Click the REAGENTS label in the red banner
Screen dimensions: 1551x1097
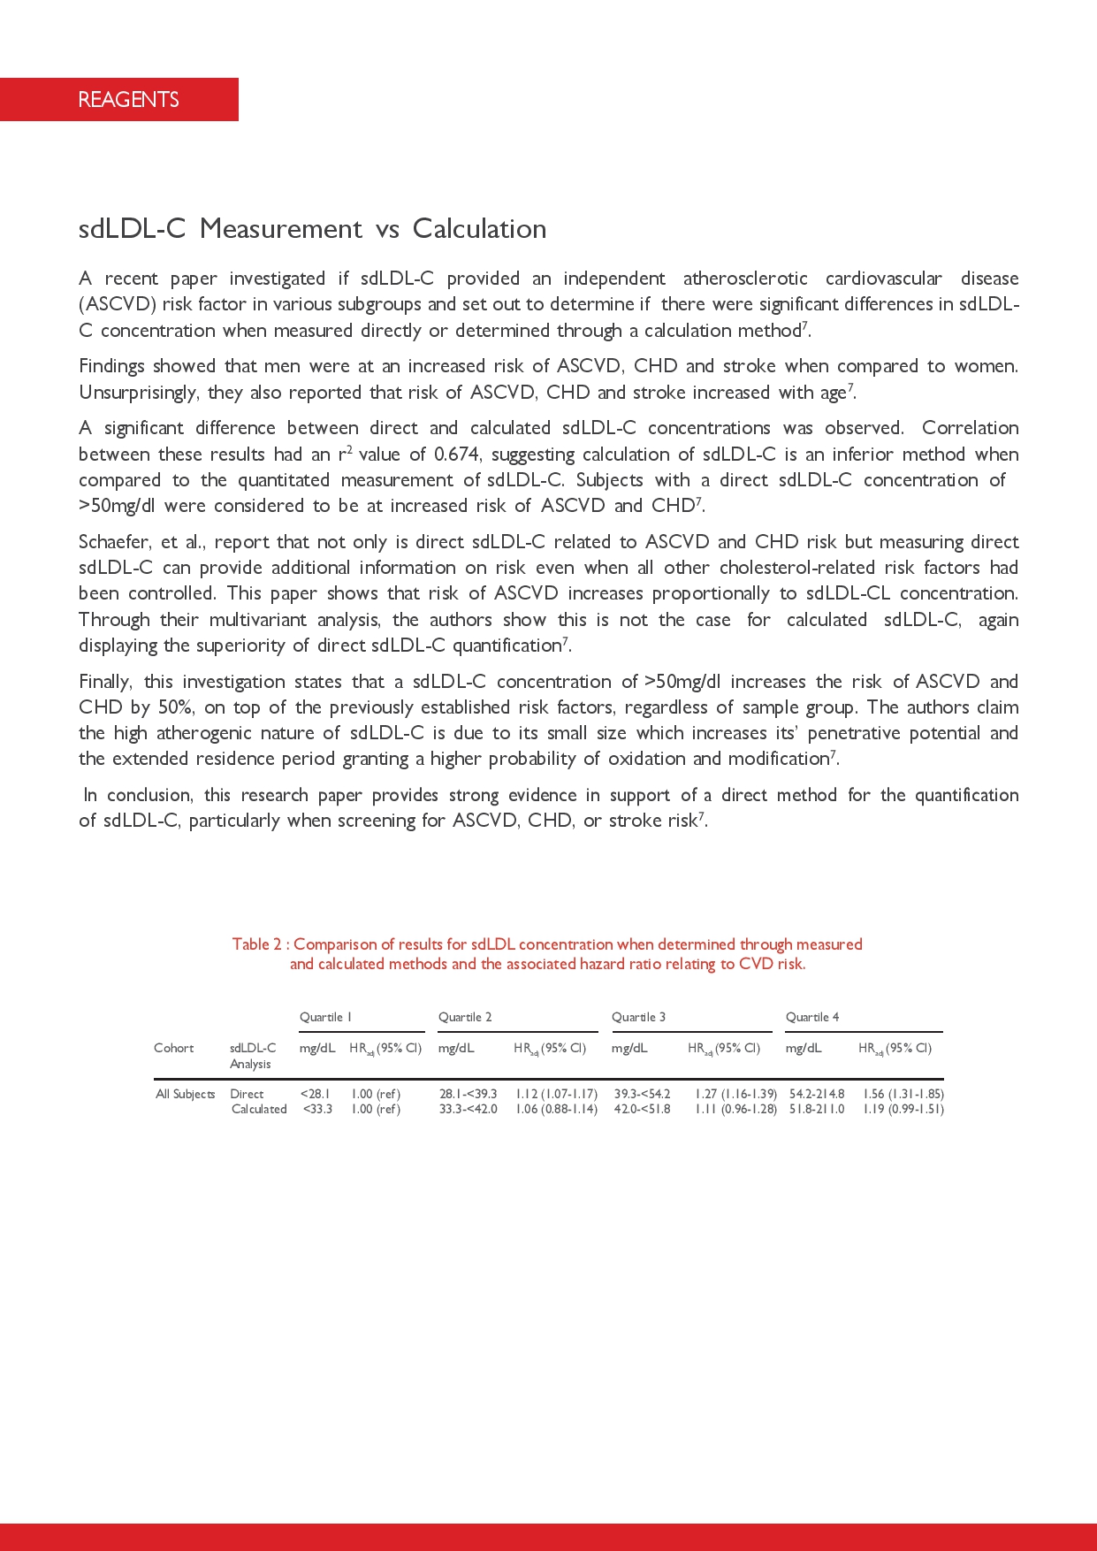pyautogui.click(x=128, y=100)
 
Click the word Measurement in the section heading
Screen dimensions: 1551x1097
pyautogui.click(x=280, y=229)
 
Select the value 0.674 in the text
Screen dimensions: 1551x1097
pyautogui.click(x=457, y=455)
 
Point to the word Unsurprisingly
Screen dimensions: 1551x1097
pyautogui.click(x=137, y=393)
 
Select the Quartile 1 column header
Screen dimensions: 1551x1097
pyautogui.click(x=325, y=1017)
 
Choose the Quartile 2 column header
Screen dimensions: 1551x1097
pyautogui.click(x=465, y=1017)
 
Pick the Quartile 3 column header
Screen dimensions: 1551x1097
pyautogui.click(x=638, y=1017)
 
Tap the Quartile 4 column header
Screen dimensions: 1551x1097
pyautogui.click(x=812, y=1017)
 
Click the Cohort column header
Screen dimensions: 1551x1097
pyautogui.click(x=173, y=1048)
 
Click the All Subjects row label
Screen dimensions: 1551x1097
pyautogui.click(x=185, y=1094)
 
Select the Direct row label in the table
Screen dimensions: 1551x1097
pyautogui.click(x=247, y=1094)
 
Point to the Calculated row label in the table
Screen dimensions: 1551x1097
pyautogui.click(x=259, y=1109)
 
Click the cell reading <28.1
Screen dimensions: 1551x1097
pyautogui.click(x=315, y=1094)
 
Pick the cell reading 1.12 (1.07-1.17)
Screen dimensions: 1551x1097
pyautogui.click(x=556, y=1094)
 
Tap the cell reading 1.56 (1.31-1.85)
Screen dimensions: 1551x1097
pyautogui.click(x=903, y=1094)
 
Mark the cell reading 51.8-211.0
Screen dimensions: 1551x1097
pyautogui.click(x=816, y=1109)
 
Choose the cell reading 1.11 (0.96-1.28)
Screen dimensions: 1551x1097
pyautogui.click(x=735, y=1109)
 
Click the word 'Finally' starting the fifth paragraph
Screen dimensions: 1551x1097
pyautogui.click(x=105, y=682)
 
